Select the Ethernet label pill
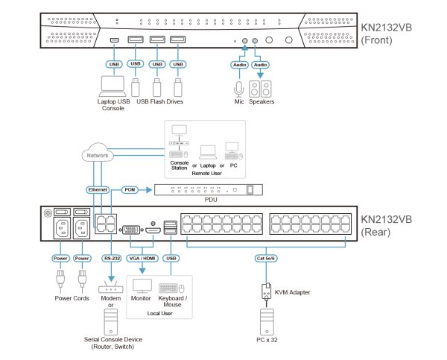(x=98, y=190)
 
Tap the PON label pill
(x=130, y=190)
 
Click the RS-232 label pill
(x=111, y=259)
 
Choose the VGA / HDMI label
(x=142, y=259)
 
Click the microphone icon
(x=239, y=89)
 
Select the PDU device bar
(x=209, y=190)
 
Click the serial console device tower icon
(x=111, y=321)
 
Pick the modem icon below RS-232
(x=111, y=288)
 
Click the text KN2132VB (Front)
(x=386, y=34)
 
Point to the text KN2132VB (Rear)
(x=386, y=225)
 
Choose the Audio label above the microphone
(x=238, y=65)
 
